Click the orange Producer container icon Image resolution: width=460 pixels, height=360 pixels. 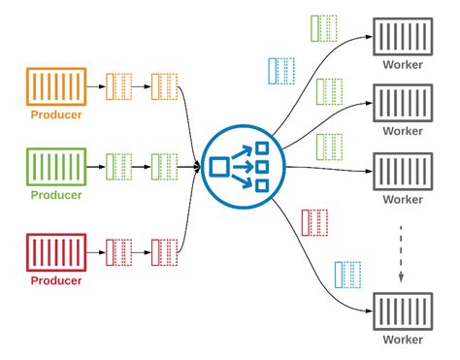tap(55, 87)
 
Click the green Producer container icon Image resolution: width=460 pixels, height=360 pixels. tap(55, 167)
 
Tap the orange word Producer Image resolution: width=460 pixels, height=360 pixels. tap(55, 115)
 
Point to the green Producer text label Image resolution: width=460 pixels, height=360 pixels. tap(55, 195)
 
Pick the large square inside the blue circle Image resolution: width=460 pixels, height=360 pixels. tap(219, 167)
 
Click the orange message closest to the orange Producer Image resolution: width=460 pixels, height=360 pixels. tap(117, 87)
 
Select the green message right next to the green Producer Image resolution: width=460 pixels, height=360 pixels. tap(117, 167)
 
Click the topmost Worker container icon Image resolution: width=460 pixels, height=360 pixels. tap(403, 39)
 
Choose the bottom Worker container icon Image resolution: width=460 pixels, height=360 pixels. tap(403, 313)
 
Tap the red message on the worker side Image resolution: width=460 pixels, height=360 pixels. tap(315, 222)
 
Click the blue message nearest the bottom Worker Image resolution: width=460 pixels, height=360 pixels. tap(347, 274)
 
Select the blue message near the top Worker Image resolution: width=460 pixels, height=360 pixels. tap(280, 70)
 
